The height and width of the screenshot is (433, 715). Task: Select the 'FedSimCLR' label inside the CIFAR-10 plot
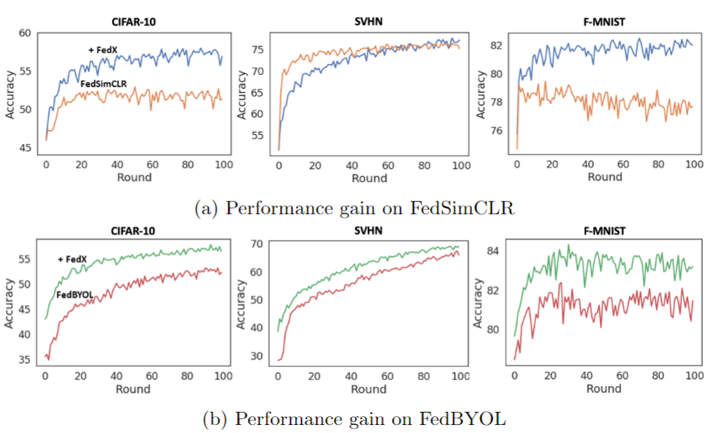coord(105,84)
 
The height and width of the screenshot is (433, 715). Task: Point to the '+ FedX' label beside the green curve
coord(72,260)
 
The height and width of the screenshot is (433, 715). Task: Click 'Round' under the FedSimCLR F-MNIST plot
coord(604,177)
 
